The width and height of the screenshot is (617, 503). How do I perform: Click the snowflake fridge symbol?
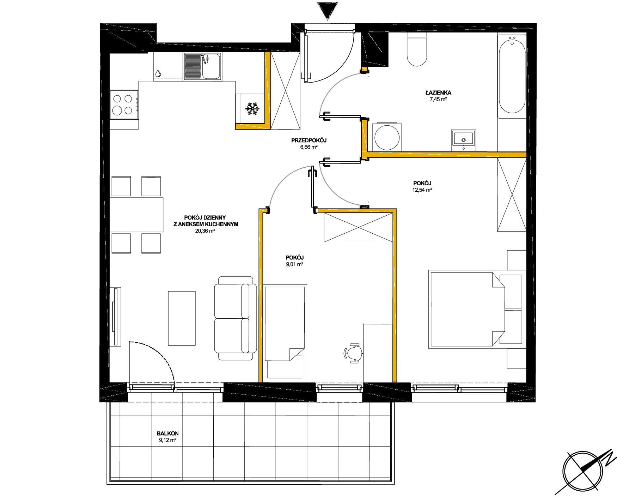click(252, 109)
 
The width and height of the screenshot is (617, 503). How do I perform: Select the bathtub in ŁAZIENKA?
click(512, 76)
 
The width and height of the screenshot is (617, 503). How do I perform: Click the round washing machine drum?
click(387, 138)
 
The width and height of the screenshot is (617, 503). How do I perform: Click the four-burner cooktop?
click(124, 104)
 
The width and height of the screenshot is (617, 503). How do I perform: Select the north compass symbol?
click(585, 471)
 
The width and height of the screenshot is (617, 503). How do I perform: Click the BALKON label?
click(167, 433)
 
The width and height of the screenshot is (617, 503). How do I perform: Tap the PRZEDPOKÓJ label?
click(309, 140)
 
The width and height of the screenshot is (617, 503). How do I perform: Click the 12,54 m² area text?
click(422, 190)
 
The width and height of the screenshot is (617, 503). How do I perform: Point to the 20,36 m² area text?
click(205, 231)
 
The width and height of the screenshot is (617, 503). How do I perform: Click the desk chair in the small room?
click(353, 353)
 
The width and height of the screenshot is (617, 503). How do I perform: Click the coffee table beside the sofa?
click(182, 318)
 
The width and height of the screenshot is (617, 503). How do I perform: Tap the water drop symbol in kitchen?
click(158, 73)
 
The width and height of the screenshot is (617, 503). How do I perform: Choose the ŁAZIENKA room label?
click(438, 93)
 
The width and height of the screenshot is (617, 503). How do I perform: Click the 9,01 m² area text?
click(295, 264)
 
